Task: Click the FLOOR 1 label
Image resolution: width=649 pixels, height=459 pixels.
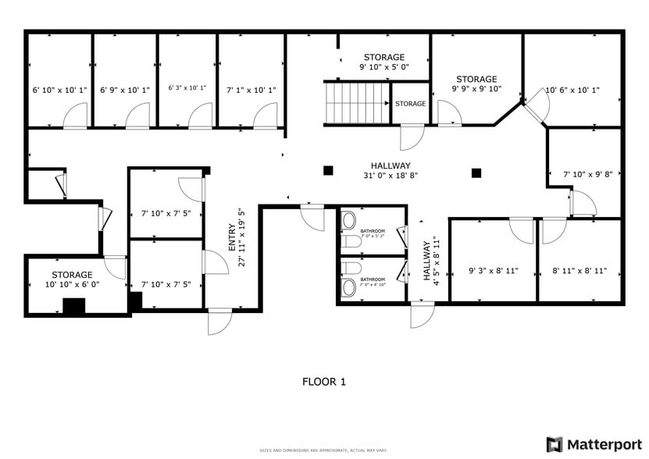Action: [x=323, y=382]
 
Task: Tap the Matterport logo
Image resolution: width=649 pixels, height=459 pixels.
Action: [x=594, y=444]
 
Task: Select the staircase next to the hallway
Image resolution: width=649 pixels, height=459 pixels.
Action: [x=356, y=103]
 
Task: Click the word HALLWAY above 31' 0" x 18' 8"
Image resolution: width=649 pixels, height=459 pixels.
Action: [x=390, y=165]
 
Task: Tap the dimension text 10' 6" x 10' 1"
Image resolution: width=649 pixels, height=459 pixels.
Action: [x=572, y=90]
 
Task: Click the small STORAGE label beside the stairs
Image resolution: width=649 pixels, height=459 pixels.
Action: [x=410, y=104]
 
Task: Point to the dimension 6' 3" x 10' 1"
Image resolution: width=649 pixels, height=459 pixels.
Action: [x=187, y=88]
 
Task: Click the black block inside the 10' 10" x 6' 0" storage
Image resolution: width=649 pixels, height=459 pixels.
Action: [x=73, y=306]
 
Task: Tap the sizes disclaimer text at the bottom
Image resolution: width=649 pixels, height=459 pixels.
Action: [x=323, y=450]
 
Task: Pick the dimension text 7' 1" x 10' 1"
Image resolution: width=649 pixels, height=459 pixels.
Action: [x=251, y=90]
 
